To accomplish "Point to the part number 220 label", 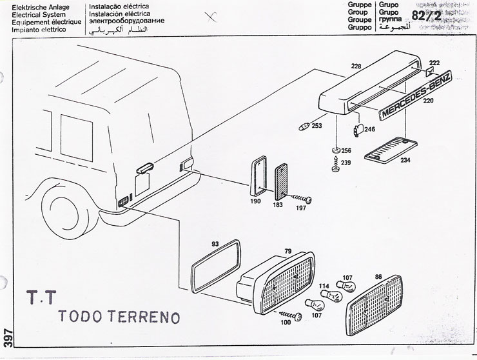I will click(428, 119).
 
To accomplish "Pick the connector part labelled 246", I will click(358, 131).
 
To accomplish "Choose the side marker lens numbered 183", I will click(282, 183).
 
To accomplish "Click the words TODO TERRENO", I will click(119, 317).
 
